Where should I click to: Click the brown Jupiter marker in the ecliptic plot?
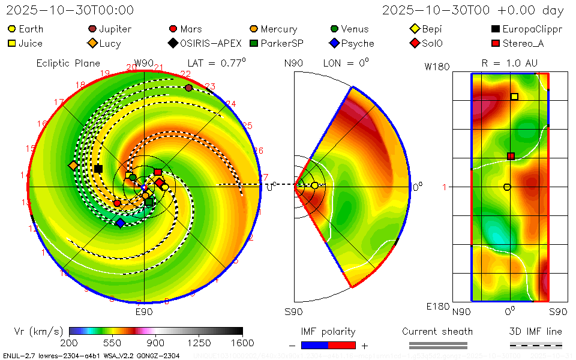click(x=189, y=88)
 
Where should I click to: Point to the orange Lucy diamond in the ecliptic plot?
click(x=74, y=166)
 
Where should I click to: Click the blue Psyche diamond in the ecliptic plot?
click(x=120, y=223)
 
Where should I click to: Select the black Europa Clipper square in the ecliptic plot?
click(x=98, y=169)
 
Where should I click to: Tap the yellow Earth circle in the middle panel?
click(x=314, y=186)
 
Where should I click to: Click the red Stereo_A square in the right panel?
click(x=511, y=156)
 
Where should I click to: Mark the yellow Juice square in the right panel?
click(x=514, y=97)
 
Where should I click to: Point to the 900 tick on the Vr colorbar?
click(x=156, y=343)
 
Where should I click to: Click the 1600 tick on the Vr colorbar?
click(x=242, y=343)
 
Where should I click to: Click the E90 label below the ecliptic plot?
click(x=144, y=312)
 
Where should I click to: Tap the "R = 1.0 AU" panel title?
click(x=509, y=63)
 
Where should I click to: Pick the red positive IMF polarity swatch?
click(x=342, y=345)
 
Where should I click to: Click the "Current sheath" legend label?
click(x=437, y=331)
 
